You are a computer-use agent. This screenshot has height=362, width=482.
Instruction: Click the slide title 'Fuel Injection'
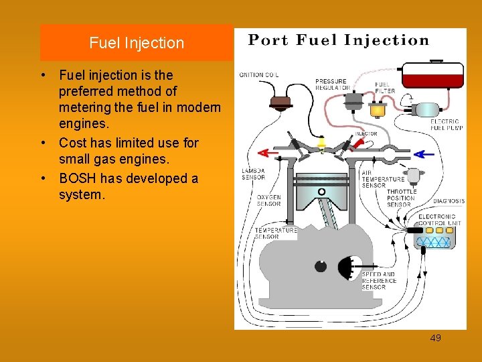137,43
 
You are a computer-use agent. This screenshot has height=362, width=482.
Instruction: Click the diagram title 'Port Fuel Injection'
339,40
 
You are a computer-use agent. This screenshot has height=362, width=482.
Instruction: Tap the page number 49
435,338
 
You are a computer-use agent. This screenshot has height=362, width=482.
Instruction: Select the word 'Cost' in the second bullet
72,143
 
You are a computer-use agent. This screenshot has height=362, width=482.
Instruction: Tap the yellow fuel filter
379,108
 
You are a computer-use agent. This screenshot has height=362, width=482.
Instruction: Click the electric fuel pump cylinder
425,109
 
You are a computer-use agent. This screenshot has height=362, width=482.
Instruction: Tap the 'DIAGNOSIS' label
449,201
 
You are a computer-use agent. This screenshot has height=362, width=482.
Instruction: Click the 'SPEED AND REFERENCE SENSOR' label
379,281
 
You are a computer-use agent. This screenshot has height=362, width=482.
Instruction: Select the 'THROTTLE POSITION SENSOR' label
402,198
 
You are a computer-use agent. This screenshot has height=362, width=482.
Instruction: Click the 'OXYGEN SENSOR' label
269,200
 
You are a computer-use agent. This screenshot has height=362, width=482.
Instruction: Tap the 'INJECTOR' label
366,134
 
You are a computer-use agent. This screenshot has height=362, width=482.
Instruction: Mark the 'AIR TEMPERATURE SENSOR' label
383,179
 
